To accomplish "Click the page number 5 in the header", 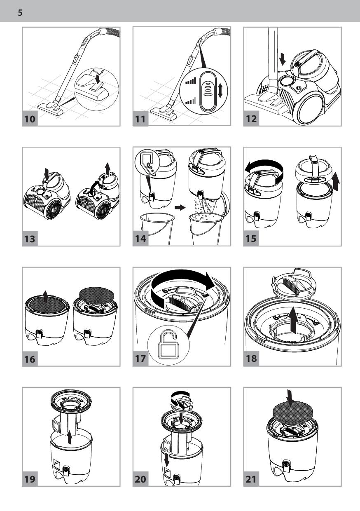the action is tap(20, 13).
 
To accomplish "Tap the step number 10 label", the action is tap(30, 119).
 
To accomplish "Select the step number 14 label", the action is tap(140, 239).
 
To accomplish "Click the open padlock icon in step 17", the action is tap(168, 345).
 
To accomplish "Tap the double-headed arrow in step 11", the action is tap(220, 90).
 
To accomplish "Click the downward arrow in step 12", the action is tap(282, 59).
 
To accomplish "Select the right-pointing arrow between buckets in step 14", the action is tap(180, 208).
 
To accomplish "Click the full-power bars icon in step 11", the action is tap(191, 81).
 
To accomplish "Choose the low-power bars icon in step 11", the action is tap(191, 101).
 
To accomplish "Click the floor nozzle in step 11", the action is tap(164, 113).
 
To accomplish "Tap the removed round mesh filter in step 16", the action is tap(97, 295).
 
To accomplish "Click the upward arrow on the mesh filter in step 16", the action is tap(46, 297).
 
